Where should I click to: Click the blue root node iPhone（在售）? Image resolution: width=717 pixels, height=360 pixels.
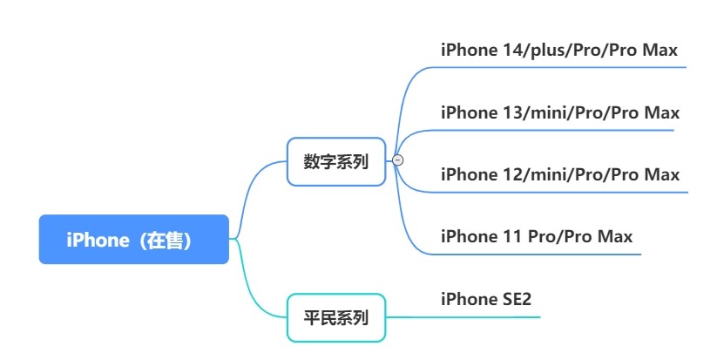click(133, 240)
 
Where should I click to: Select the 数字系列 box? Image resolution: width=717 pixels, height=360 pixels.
click(336, 161)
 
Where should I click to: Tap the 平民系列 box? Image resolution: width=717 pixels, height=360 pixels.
click(336, 317)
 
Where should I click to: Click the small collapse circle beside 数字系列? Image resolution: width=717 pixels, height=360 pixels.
click(398, 160)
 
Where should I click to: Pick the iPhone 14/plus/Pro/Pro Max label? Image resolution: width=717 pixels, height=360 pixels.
click(558, 50)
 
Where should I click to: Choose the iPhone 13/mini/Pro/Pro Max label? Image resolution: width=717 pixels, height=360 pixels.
click(559, 112)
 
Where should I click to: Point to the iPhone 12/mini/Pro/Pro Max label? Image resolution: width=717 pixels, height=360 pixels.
click(559, 174)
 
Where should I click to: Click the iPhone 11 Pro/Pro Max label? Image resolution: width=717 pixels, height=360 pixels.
click(537, 236)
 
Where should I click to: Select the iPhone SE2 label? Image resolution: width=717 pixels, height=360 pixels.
click(486, 299)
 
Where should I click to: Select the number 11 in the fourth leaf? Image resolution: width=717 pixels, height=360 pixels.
click(515, 236)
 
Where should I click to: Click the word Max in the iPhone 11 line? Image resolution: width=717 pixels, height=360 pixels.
click(614, 236)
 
